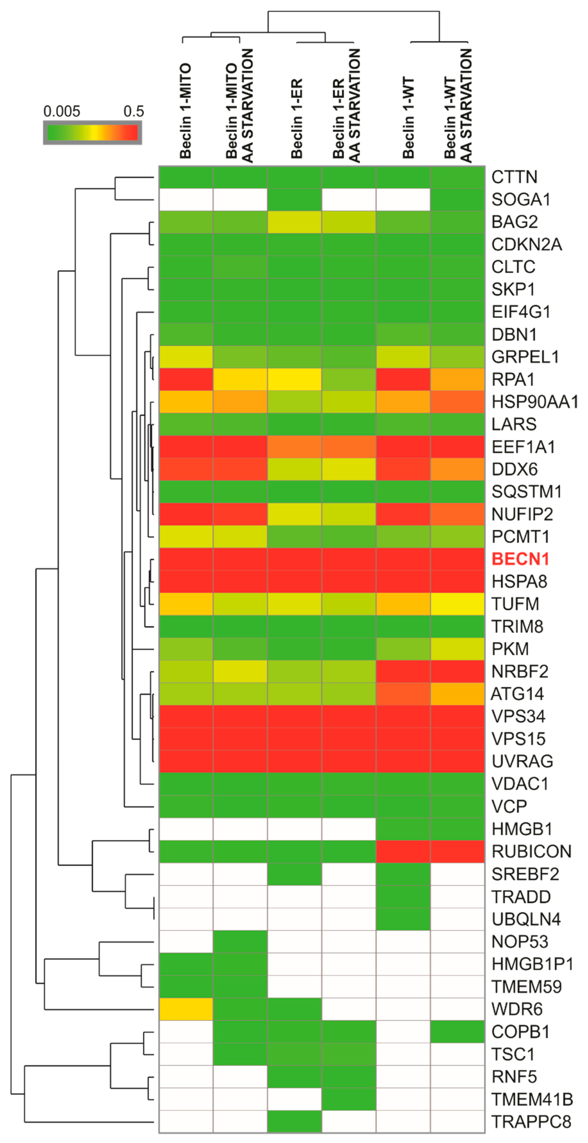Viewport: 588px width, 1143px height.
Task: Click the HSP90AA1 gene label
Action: [535, 401]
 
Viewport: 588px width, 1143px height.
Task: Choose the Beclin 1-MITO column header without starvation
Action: [185, 111]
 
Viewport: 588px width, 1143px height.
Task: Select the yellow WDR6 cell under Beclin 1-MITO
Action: [186, 1009]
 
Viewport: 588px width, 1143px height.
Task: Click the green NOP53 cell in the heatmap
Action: [240, 941]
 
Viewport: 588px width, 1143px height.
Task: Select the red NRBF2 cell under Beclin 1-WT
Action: [403, 671]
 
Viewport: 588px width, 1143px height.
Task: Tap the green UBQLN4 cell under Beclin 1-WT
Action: [403, 919]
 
